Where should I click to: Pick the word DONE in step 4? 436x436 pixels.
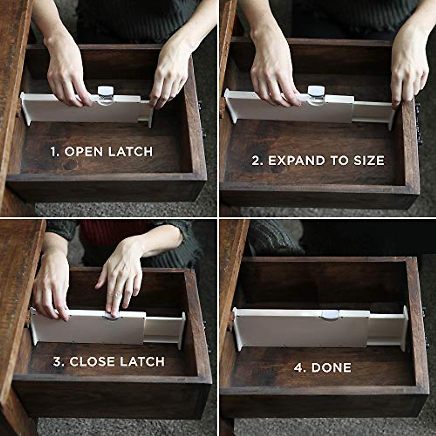tap(331, 368)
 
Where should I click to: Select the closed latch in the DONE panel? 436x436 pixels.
tap(330, 314)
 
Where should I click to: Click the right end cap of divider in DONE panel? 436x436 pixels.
tap(405, 328)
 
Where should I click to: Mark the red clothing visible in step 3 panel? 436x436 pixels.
tap(98, 233)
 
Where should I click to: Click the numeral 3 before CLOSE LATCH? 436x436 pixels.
tap(57, 362)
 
